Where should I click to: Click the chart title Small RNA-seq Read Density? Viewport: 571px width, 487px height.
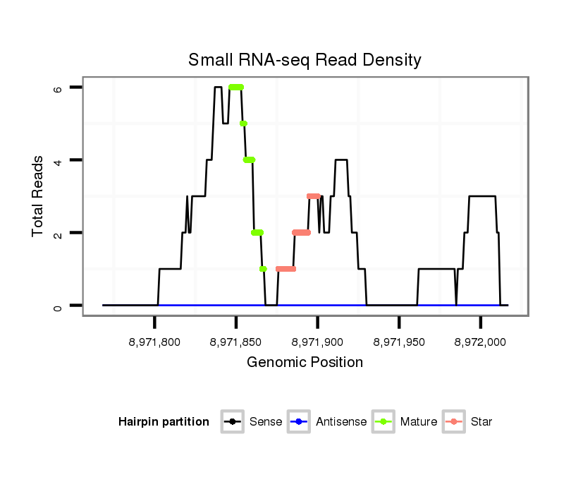305,60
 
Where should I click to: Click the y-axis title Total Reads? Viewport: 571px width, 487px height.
39,196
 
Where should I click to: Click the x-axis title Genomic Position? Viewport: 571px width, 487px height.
305,363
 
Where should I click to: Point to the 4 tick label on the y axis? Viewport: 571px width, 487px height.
59,160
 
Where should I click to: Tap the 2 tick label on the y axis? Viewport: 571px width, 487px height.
59,233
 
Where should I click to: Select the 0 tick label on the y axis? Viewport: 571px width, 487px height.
59,306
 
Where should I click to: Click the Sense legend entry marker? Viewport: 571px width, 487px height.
233,422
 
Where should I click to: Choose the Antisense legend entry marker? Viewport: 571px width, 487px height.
299,422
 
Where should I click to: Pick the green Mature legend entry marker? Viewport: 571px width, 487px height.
383,422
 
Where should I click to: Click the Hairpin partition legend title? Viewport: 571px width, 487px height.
164,422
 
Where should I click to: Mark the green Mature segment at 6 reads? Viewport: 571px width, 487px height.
236,88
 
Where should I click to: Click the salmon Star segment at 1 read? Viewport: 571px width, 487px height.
285,269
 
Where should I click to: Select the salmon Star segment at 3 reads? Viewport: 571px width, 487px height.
314,196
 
